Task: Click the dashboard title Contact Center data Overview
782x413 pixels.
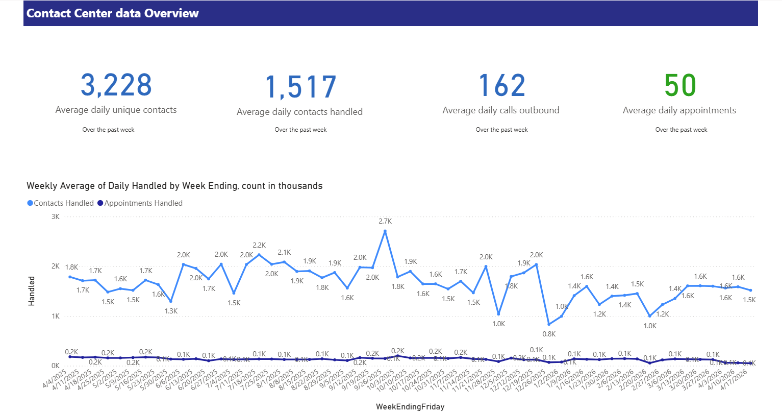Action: click(x=112, y=13)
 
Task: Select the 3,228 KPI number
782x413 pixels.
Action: click(x=116, y=85)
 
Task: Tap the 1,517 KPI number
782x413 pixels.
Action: click(x=300, y=87)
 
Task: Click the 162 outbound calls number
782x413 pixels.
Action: click(x=501, y=86)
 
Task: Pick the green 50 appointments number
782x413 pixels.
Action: click(x=679, y=86)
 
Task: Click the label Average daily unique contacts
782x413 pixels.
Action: click(x=116, y=110)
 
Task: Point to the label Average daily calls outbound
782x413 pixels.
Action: click(x=501, y=110)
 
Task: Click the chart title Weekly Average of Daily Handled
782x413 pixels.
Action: click(x=174, y=186)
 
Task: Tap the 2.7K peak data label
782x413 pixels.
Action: click(x=385, y=221)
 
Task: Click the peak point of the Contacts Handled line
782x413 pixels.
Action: click(x=385, y=231)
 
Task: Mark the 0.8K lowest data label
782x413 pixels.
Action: click(x=549, y=334)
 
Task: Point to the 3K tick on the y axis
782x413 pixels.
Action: click(x=55, y=216)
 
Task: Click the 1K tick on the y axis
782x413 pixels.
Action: click(x=55, y=316)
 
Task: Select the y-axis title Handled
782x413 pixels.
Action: click(x=32, y=291)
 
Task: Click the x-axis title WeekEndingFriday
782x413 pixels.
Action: click(x=410, y=407)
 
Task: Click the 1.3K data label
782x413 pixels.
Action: click(x=171, y=311)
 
